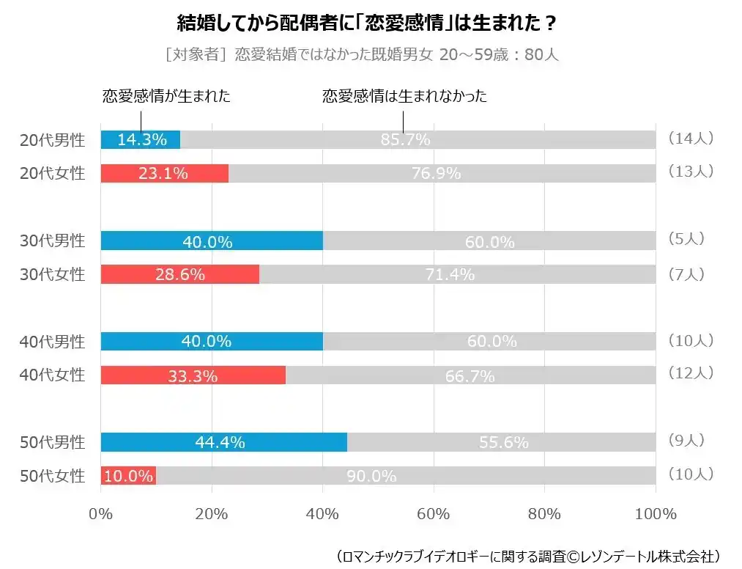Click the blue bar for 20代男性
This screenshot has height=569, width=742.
pos(140,139)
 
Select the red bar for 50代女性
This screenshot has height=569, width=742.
pos(128,476)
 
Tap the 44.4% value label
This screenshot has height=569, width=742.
pos(220,442)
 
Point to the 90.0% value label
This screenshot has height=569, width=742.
pos(371,476)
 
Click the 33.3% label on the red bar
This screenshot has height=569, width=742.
pos(193,376)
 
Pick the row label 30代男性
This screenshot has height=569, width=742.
pos(52,241)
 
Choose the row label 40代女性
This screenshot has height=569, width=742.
pos(52,375)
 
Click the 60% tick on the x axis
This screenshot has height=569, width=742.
pos(434,514)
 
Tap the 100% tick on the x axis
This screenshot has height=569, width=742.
pos(656,514)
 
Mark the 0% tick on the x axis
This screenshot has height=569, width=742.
pos(100,514)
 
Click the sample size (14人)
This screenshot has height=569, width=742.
pos(690,138)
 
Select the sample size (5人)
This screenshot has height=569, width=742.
pos(686,238)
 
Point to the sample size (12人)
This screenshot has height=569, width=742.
pos(690,373)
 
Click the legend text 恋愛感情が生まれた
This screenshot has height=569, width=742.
pos(166,96)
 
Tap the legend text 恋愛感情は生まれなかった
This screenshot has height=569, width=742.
pos(404,96)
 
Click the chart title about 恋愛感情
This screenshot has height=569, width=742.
pos(367,23)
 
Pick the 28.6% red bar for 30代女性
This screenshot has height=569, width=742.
pos(179,274)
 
